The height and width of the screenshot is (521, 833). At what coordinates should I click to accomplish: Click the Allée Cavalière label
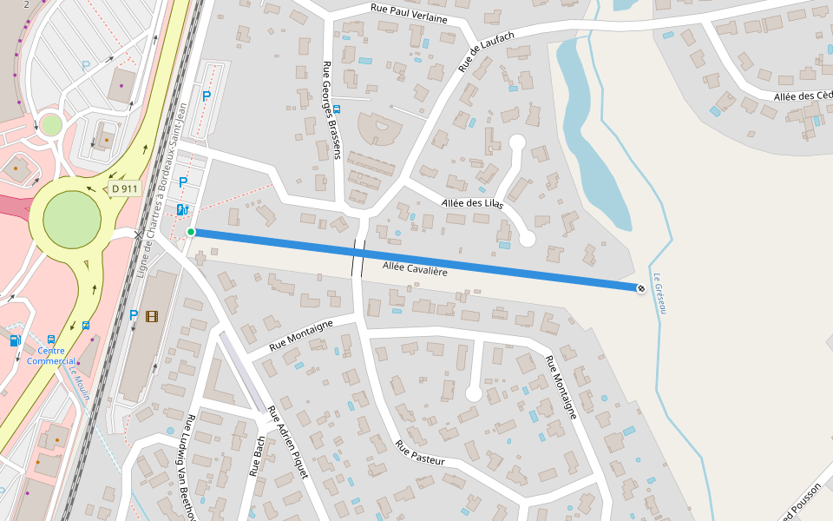click(x=415, y=270)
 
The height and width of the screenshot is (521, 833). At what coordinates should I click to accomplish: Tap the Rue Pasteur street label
click(x=420, y=452)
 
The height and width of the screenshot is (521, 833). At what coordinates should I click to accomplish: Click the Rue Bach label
click(x=257, y=457)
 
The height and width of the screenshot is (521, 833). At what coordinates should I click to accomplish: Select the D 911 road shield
click(x=124, y=188)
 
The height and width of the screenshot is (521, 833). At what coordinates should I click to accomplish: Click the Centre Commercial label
click(x=50, y=356)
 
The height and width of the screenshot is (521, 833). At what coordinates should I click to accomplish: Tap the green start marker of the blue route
click(x=191, y=232)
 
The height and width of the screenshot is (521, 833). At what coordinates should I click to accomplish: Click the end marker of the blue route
click(x=641, y=287)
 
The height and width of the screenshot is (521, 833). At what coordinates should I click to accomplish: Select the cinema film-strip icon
click(x=152, y=316)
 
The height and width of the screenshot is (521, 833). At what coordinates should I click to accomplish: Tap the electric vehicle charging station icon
click(x=182, y=209)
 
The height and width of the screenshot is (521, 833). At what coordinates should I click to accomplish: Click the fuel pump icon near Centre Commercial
click(x=15, y=340)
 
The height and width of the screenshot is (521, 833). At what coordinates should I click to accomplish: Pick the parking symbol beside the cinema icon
click(x=134, y=316)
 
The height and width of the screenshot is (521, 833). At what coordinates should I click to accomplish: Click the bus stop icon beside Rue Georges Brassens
click(x=337, y=110)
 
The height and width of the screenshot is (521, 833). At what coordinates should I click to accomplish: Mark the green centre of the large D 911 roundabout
click(x=71, y=217)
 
